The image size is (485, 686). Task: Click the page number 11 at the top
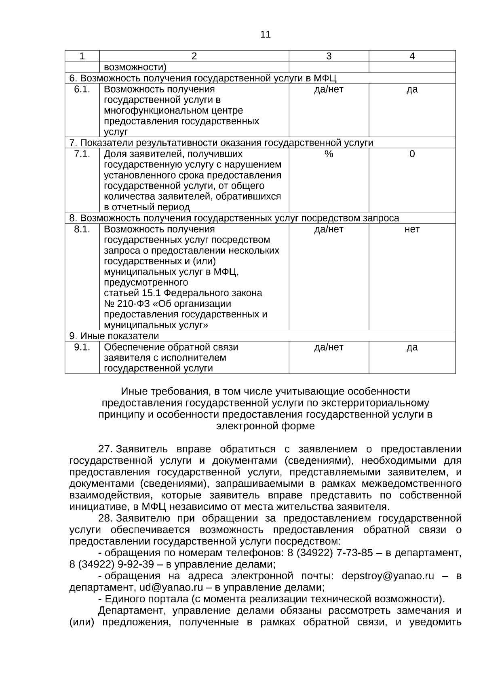pyautogui.click(x=265, y=35)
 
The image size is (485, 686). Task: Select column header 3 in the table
pyautogui.click(x=329, y=56)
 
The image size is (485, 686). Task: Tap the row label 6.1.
pyautogui.click(x=82, y=89)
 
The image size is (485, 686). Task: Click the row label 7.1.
pyautogui.click(x=82, y=154)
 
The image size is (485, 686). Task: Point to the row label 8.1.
pyautogui.click(x=82, y=230)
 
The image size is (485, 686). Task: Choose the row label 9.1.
pyautogui.click(x=82, y=347)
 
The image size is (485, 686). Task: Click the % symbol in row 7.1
pyautogui.click(x=329, y=154)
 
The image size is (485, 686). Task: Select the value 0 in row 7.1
pyautogui.click(x=412, y=154)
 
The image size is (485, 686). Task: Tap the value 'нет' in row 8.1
pyautogui.click(x=412, y=230)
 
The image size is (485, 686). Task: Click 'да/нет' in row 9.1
pyautogui.click(x=329, y=347)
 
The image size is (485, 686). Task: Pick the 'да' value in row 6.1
pyautogui.click(x=412, y=89)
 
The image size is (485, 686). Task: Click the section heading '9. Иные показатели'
pyautogui.click(x=114, y=336)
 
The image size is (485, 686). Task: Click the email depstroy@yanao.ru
pyautogui.click(x=388, y=576)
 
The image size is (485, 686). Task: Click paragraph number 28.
pyautogui.click(x=105, y=519)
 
